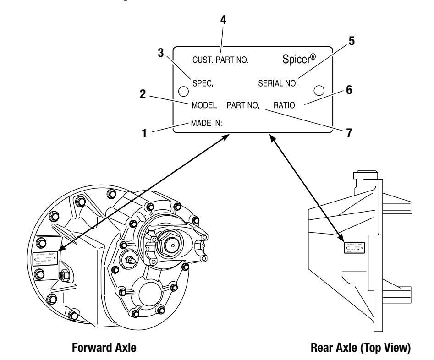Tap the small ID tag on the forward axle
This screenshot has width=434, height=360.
44,258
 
